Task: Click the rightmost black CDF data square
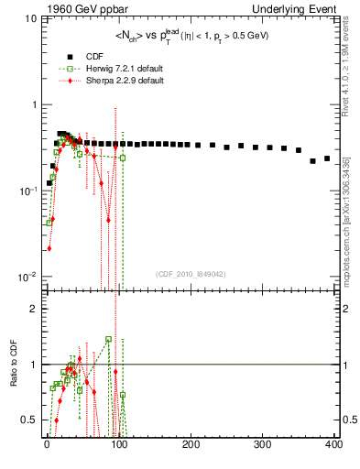[x=327, y=158]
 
